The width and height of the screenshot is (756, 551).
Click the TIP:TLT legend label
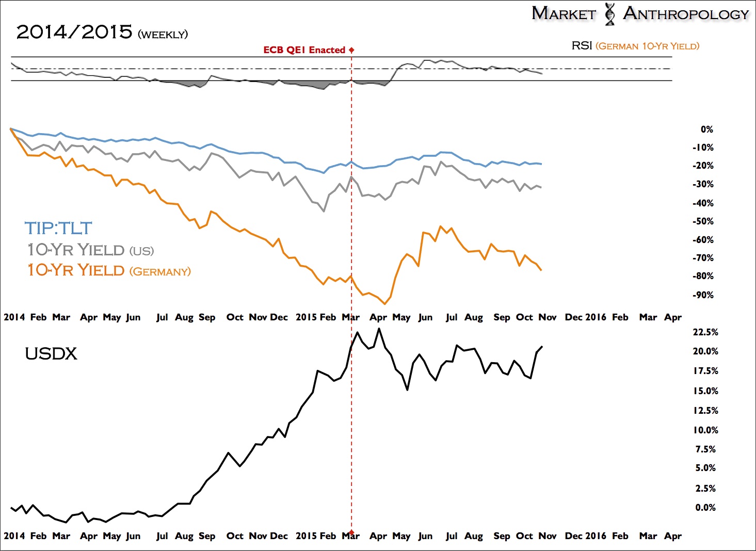58,229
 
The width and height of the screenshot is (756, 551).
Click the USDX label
51,354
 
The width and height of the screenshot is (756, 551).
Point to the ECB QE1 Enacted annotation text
304,50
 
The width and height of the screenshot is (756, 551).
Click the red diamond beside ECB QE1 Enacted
351,50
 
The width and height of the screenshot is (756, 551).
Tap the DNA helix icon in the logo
610,14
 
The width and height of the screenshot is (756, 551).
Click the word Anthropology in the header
686,14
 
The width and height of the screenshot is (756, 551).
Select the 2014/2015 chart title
74,32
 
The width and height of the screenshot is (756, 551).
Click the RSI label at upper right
582,46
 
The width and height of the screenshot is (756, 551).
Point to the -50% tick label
703,221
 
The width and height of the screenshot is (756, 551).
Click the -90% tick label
703,295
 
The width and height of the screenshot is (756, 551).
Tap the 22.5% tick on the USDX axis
705,332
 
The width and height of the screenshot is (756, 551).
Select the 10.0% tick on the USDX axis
705,430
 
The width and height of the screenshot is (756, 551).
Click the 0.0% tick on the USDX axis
705,508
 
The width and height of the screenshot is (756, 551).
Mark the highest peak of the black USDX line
379,328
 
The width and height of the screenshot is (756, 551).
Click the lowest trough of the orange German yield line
384,304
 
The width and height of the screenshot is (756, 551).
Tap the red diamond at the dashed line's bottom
351,532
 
